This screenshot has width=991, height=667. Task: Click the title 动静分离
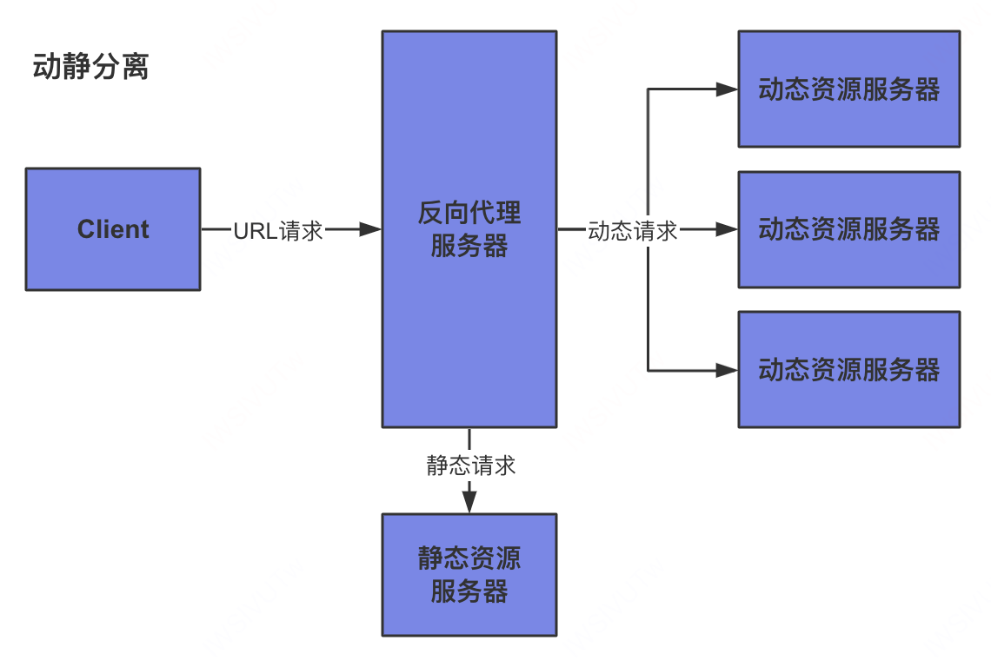tap(90, 67)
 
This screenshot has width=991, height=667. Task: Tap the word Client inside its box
tap(113, 229)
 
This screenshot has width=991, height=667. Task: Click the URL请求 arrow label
tap(278, 230)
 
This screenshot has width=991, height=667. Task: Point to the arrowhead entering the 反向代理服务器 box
tap(371, 229)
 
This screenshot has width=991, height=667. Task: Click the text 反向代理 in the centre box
tap(469, 213)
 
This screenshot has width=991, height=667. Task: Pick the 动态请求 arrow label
tap(633, 230)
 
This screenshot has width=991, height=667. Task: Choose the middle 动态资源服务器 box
tap(848, 261)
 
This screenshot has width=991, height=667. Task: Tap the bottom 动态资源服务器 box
tap(848, 400)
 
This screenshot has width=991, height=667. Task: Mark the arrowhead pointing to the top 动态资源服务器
tap(727, 89)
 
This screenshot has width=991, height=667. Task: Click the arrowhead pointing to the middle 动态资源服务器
tap(727, 229)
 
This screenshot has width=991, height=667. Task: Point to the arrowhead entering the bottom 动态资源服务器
tap(727, 370)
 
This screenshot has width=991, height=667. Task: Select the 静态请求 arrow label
tap(470, 466)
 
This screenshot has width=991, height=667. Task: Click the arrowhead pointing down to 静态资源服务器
tap(469, 502)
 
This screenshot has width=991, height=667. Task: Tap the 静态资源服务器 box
tap(469, 617)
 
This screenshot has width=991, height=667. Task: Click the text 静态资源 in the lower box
tap(469, 558)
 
